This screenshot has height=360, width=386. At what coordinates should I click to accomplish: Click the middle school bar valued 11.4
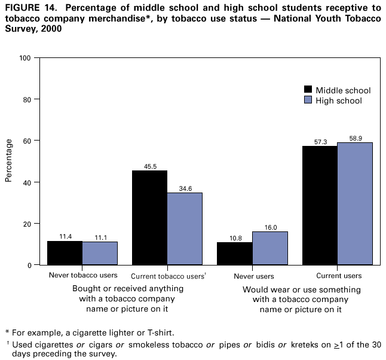point(65,252)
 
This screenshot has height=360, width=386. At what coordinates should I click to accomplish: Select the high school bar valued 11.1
point(100,253)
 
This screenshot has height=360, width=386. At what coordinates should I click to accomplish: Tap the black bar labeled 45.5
point(149,218)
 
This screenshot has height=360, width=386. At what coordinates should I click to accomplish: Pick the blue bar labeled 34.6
point(185,228)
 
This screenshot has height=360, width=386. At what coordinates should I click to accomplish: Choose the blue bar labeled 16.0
point(269,248)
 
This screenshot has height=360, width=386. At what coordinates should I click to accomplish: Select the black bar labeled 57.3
point(320,205)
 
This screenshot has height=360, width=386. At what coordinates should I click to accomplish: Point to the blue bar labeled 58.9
point(355,203)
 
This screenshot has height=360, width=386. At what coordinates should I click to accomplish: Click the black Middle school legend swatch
point(309,90)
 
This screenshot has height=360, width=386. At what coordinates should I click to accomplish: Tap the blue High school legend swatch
point(309,100)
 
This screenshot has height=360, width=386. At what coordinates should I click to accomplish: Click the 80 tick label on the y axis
point(27,99)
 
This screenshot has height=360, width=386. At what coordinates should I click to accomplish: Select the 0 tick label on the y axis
point(29,265)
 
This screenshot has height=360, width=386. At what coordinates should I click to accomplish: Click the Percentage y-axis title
point(9,160)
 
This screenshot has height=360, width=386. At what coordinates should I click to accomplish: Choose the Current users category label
point(338,276)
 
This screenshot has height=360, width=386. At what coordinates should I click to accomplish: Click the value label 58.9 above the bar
point(355,138)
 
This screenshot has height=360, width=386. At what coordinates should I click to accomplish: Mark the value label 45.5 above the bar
point(149,166)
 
